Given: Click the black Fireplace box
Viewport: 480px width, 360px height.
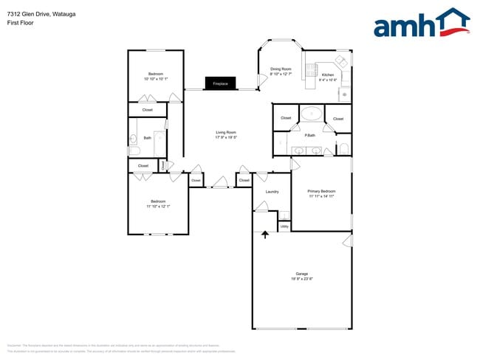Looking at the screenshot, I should coord(220,83).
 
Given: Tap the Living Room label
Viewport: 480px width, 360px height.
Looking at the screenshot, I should coord(225,132).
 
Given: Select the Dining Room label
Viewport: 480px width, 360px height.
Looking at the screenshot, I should coord(280,69).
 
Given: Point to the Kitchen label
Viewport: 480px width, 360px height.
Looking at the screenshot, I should coord(328,75).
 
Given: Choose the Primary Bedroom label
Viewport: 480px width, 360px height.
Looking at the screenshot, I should coord(321,191).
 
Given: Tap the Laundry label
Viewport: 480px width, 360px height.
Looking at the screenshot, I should coord(272,192).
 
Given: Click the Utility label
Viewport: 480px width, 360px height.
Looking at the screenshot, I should coord(284,226).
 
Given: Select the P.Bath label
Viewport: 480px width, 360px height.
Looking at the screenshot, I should coord(310,135).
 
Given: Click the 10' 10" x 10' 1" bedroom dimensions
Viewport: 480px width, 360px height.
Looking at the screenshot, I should coord(156,79).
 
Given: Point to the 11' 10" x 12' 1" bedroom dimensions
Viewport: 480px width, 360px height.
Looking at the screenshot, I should coord(158,207).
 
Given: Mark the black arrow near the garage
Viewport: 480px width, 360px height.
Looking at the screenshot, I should coord(265,235).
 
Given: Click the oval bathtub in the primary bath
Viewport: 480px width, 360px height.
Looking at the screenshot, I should coord(311,114).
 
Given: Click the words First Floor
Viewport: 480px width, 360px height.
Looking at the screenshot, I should coord(20,23).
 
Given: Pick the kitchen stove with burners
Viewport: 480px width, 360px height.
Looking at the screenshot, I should coord(343,61).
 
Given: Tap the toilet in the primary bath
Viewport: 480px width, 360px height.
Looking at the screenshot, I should coord(343,150).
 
